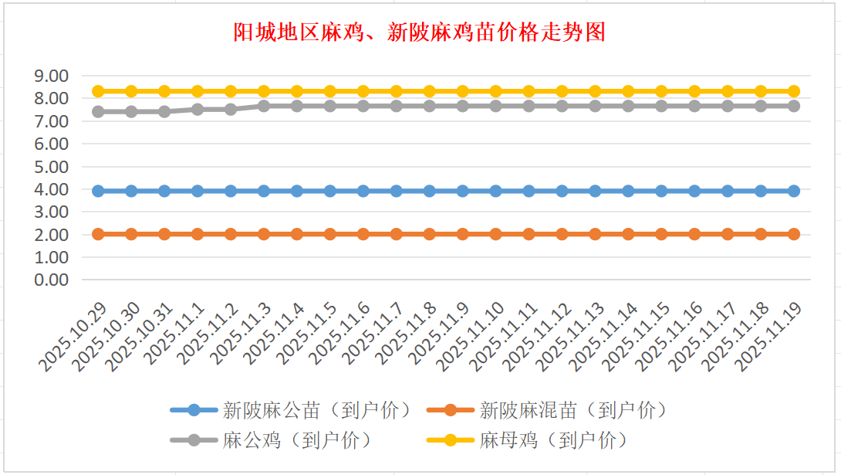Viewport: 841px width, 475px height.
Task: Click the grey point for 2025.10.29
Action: (x=98, y=111)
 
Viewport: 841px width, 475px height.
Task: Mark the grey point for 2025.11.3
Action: (x=264, y=106)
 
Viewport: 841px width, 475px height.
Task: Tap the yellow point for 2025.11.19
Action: (x=793, y=91)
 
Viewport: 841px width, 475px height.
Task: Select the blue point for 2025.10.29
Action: (x=98, y=191)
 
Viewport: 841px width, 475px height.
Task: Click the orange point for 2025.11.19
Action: (x=793, y=234)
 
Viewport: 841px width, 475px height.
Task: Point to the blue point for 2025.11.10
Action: (x=495, y=191)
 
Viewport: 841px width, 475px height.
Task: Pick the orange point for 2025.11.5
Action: (x=330, y=234)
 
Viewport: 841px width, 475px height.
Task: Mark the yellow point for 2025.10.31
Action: (x=164, y=91)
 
